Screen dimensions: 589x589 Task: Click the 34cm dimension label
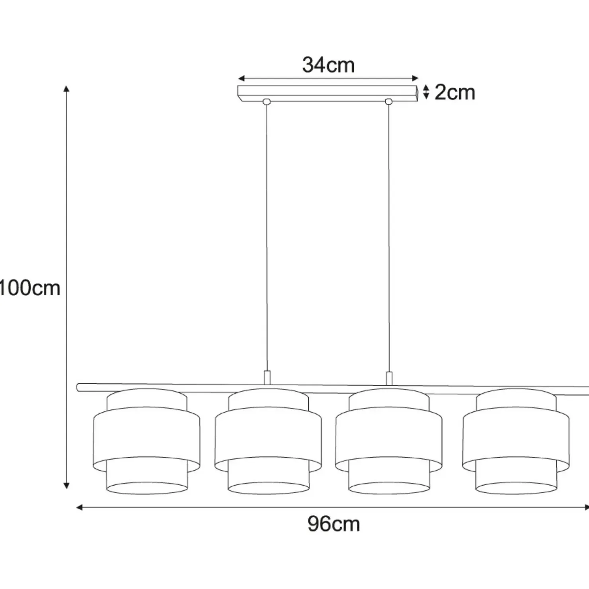pyautogui.click(x=328, y=65)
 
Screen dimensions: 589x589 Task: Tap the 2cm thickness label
pyautogui.click(x=455, y=92)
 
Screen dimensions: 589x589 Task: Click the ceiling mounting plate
pyautogui.click(x=328, y=93)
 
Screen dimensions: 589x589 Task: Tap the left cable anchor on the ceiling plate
pyautogui.click(x=267, y=101)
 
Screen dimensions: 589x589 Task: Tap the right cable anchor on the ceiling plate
pyautogui.click(x=389, y=101)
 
